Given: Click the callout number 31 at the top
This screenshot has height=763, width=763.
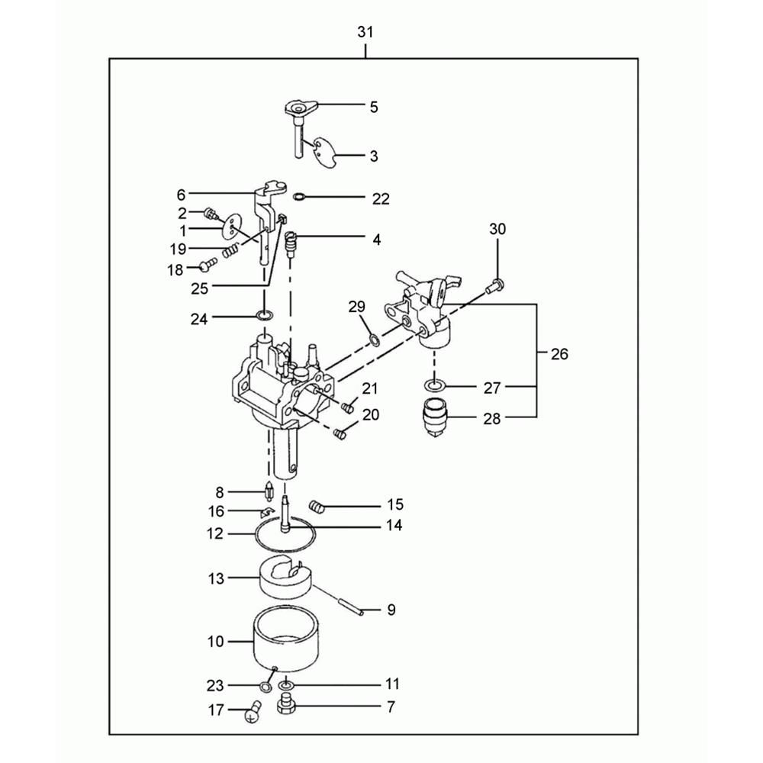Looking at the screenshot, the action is pyautogui.click(x=365, y=32).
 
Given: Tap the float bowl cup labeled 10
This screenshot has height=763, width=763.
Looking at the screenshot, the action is pyautogui.click(x=287, y=641).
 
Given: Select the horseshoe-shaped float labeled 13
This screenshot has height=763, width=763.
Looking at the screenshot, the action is pyautogui.click(x=285, y=578).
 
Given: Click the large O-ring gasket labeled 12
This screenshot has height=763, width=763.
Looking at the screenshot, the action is pyautogui.click(x=285, y=536).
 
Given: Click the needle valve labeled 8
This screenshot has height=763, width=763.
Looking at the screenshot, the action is pyautogui.click(x=268, y=491).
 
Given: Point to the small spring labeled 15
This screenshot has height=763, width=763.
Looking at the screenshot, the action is pyautogui.click(x=317, y=506).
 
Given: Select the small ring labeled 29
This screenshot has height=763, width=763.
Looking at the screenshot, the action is pyautogui.click(x=374, y=340).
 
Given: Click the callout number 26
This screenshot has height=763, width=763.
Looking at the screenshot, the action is pyautogui.click(x=559, y=354).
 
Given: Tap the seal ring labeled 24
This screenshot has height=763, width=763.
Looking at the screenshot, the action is pyautogui.click(x=265, y=317).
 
